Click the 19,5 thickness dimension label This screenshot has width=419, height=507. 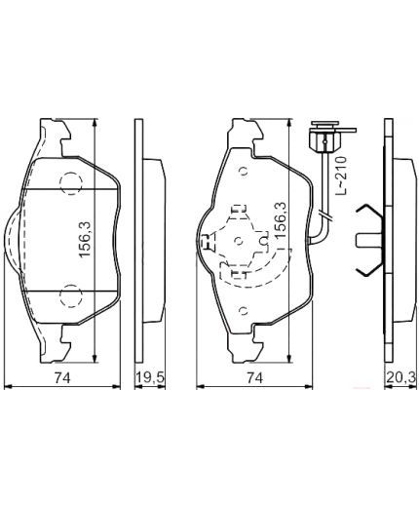[148, 376]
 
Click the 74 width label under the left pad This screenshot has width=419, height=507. [63, 376]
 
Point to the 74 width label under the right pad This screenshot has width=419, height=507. [255, 376]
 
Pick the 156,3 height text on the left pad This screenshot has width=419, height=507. [85, 240]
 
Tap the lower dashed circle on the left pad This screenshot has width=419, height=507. [70, 296]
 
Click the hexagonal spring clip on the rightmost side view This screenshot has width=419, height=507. [367, 239]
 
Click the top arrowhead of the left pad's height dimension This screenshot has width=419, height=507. [94, 125]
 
